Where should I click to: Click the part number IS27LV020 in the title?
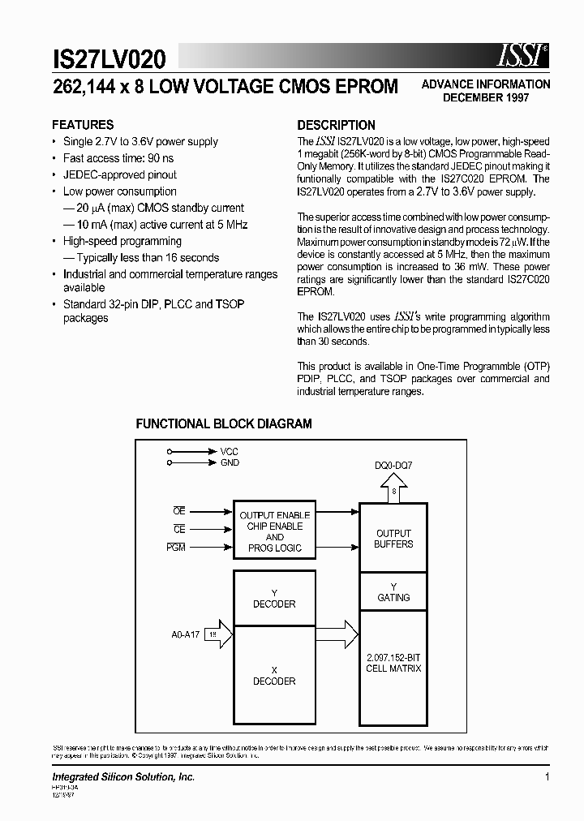coord(109,58)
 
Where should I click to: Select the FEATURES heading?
coord(83,125)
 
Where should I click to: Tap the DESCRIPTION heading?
coord(336,125)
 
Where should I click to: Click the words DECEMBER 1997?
coord(485,97)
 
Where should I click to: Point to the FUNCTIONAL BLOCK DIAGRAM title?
coord(224,423)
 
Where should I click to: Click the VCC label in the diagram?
coord(229,451)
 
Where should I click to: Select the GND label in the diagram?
coord(230,462)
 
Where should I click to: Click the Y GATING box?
coord(393,592)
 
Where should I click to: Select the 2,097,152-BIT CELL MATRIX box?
coord(393,663)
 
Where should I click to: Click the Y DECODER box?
coord(274,599)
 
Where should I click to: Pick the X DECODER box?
coord(274,676)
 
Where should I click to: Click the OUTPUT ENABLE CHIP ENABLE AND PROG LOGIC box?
coord(274,531)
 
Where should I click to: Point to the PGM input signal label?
coord(176,548)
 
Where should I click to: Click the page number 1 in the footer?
coord(547,777)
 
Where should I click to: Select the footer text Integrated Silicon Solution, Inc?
coord(124,777)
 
